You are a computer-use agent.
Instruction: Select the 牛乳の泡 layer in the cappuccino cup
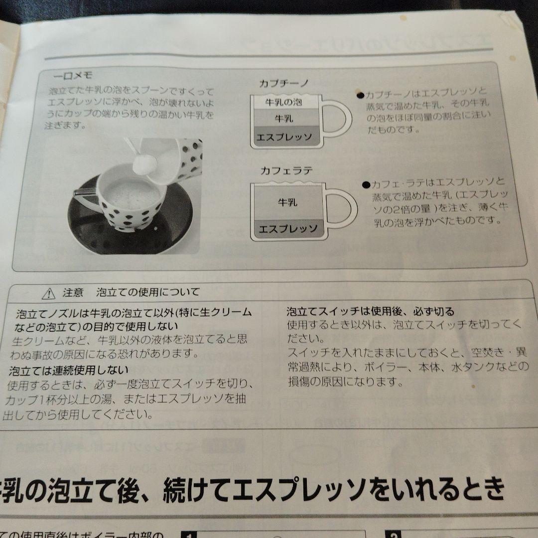284,103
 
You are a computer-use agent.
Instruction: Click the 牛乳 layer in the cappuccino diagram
284,119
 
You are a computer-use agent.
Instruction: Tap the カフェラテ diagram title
286,170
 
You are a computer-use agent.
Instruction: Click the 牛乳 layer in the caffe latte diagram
287,202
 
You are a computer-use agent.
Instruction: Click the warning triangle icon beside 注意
49,294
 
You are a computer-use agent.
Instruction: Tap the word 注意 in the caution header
73,293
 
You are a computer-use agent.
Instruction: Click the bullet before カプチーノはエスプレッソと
360,95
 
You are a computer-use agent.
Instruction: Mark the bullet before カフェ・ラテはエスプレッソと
366,184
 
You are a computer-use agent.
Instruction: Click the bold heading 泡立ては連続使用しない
68,371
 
